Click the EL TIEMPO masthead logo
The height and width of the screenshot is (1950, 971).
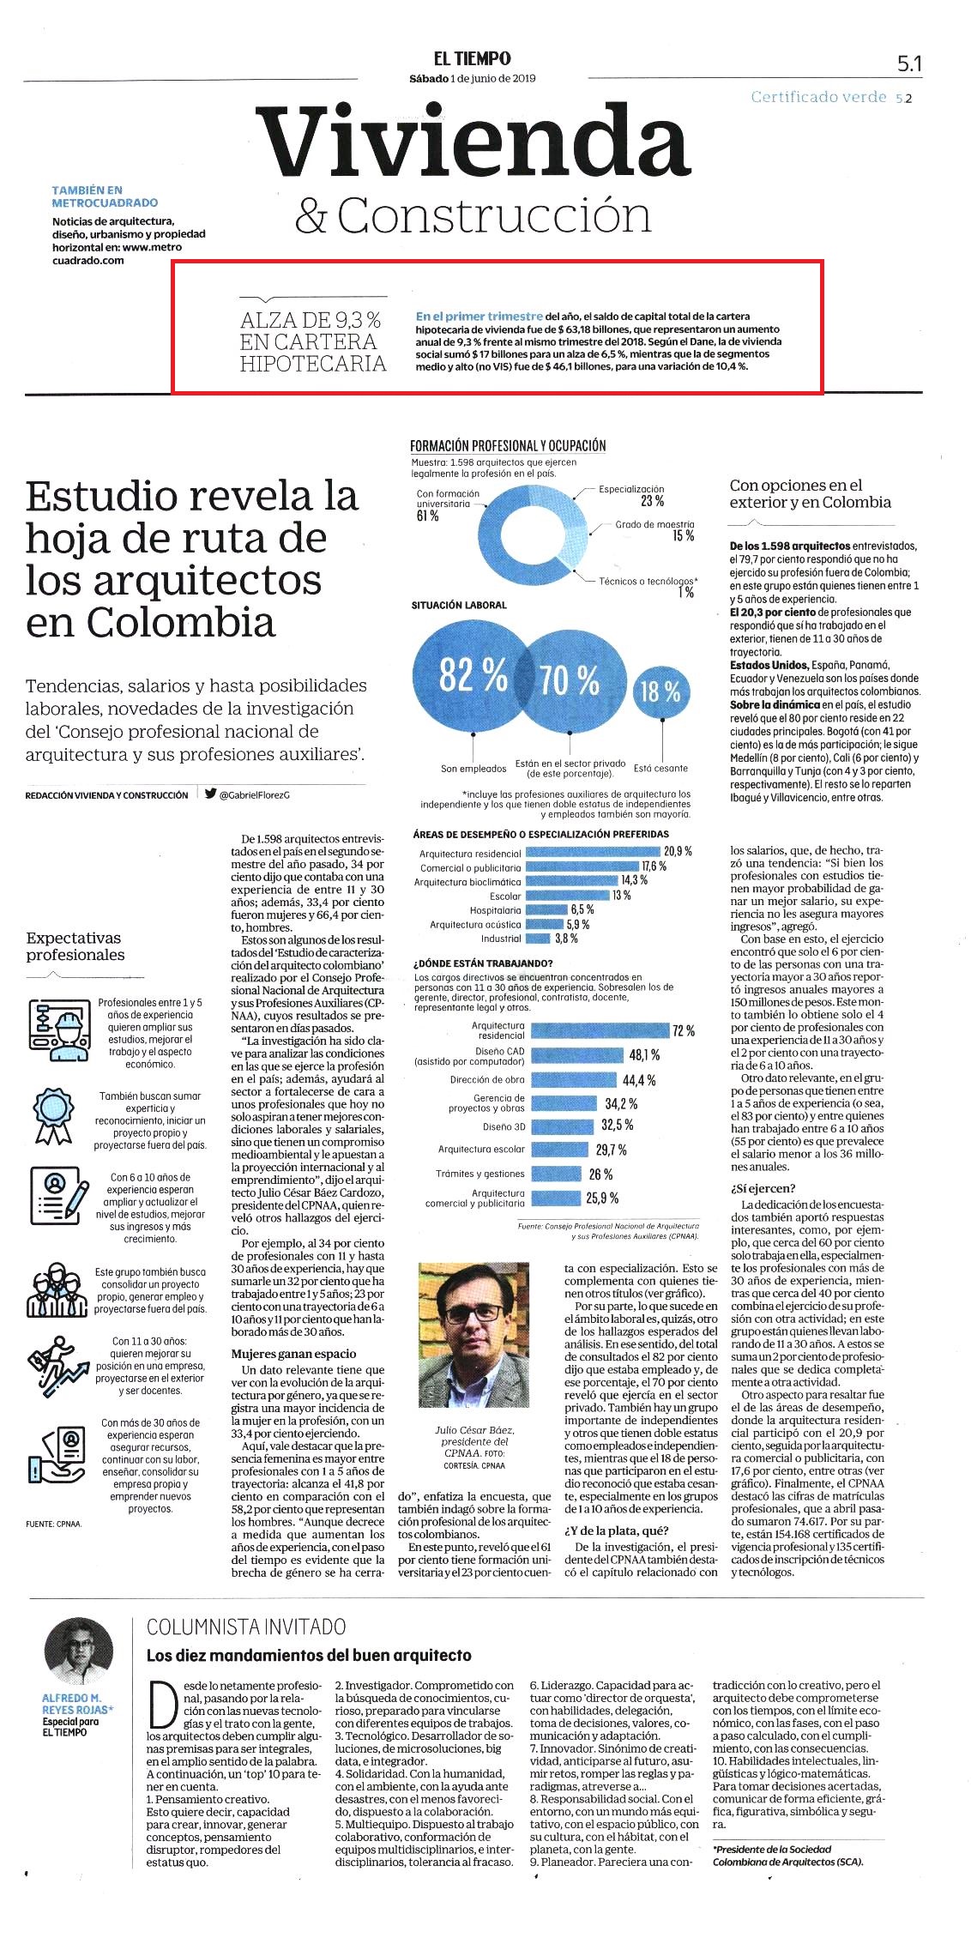point(472,58)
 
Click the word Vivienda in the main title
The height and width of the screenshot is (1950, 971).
point(473,142)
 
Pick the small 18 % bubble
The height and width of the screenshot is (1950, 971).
point(660,691)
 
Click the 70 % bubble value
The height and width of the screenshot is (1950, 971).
point(569,680)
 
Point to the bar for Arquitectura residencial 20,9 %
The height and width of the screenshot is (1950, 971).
point(593,851)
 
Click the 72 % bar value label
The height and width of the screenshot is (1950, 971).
point(684,1030)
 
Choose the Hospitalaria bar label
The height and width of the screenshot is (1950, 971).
point(495,910)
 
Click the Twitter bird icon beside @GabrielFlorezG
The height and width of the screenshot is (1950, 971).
point(210,794)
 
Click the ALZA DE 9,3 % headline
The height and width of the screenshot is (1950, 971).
point(313,341)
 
